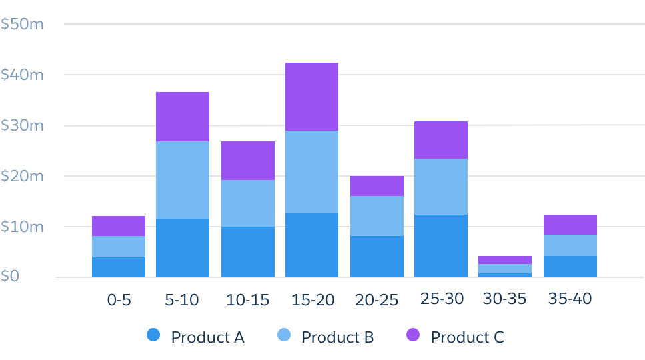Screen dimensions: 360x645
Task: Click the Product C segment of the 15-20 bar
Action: click(x=312, y=97)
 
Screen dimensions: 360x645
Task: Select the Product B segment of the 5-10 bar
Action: click(x=183, y=180)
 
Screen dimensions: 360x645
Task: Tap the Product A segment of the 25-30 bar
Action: click(x=441, y=246)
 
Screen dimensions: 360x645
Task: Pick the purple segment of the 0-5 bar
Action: click(x=119, y=226)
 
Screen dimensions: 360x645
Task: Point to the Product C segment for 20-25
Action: click(x=377, y=186)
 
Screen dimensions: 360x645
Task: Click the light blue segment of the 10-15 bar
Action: click(x=248, y=203)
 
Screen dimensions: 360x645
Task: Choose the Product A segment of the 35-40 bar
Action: click(x=570, y=267)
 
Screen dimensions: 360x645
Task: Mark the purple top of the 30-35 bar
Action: click(x=505, y=260)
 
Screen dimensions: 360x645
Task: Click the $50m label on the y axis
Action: click(x=22, y=25)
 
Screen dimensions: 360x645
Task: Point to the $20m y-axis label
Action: click(x=22, y=177)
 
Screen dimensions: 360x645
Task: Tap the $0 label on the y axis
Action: click(x=10, y=277)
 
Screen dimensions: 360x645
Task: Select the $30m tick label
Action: click(x=22, y=126)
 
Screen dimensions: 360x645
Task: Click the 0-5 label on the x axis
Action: click(x=119, y=300)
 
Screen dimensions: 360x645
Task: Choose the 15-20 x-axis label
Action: click(x=313, y=300)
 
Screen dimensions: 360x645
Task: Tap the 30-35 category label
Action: click(x=504, y=299)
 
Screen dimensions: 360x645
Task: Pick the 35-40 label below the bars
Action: click(x=570, y=299)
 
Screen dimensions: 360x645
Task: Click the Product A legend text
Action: click(x=207, y=337)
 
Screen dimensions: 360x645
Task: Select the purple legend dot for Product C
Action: click(x=414, y=335)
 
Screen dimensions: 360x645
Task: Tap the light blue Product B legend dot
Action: click(x=284, y=335)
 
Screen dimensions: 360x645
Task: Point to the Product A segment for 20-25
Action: click(x=377, y=257)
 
